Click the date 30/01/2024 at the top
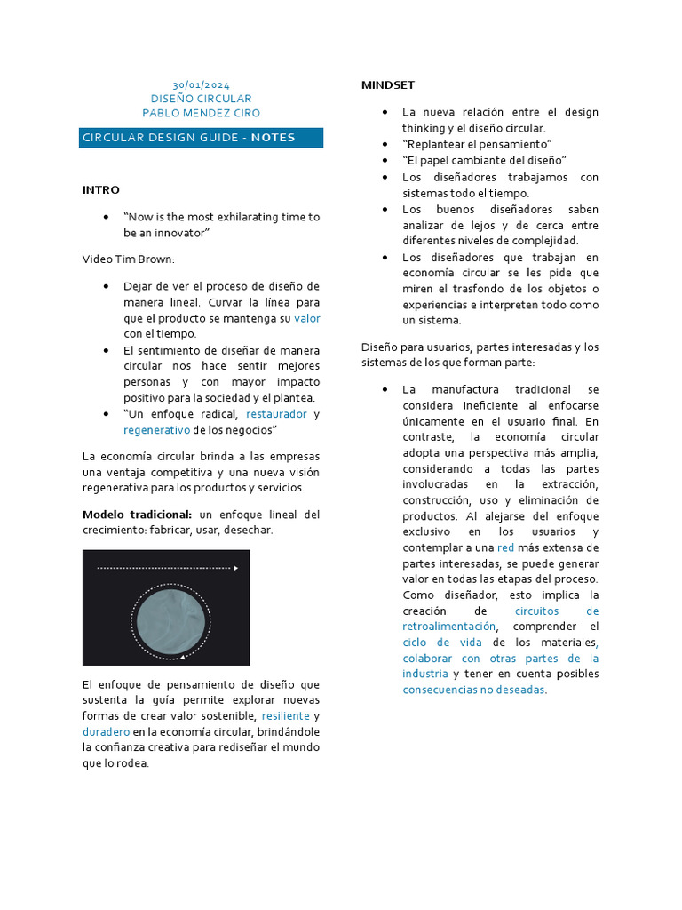[201, 84]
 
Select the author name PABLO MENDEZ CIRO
[201, 113]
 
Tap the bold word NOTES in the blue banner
[273, 138]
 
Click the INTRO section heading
[100, 189]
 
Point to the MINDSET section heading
[387, 84]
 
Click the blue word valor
[306, 317]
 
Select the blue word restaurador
[276, 413]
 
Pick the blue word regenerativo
[156, 429]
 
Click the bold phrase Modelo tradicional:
[137, 514]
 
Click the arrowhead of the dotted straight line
[235, 567]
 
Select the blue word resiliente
[285, 715]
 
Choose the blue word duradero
[106, 731]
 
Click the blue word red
[505, 547]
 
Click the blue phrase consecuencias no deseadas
[473, 689]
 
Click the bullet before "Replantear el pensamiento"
[384, 144]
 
